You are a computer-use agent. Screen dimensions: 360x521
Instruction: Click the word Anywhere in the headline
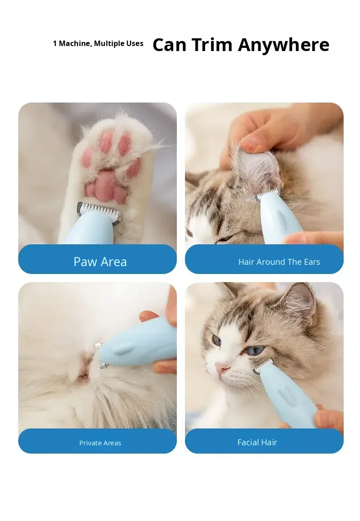[x=283, y=45]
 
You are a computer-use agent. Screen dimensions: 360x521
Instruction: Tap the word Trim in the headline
[x=212, y=45]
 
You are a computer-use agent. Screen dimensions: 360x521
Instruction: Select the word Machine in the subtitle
[x=74, y=43]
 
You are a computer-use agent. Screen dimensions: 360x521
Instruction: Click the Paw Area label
[x=100, y=262]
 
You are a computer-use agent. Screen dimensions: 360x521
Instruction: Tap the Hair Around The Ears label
[x=279, y=262]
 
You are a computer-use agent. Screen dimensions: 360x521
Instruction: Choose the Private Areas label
[x=100, y=443]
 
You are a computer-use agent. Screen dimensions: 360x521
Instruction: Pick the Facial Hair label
[x=257, y=442]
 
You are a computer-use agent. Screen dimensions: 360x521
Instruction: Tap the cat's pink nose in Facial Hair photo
[x=221, y=367]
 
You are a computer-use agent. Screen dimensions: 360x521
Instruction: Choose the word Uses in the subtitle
[x=135, y=43]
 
